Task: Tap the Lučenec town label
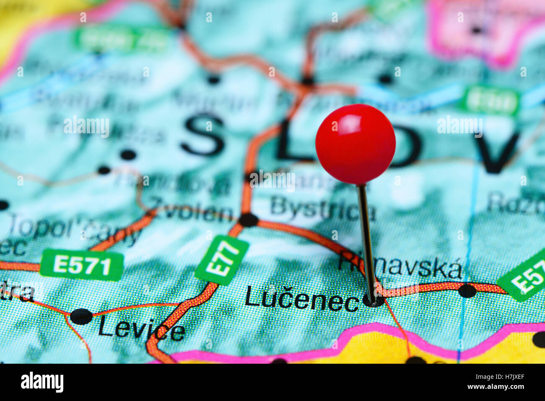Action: click(x=301, y=299)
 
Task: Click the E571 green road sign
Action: click(x=82, y=265)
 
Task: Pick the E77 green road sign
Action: click(x=222, y=260)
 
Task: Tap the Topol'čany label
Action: click(x=73, y=229)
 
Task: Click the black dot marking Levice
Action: click(x=81, y=316)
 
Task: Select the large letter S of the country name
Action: click(x=202, y=135)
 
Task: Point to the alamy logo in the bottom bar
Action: click(x=42, y=382)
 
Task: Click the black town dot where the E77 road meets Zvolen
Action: click(x=248, y=220)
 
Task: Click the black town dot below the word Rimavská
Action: click(x=467, y=290)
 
